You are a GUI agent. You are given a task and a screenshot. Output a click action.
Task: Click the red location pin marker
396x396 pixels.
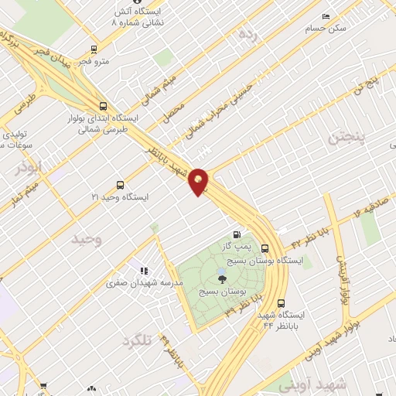tap(199, 181)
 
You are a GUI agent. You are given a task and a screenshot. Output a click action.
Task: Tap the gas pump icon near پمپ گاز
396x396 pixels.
tap(237, 235)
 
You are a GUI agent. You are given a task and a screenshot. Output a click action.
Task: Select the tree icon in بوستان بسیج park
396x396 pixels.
tap(223, 280)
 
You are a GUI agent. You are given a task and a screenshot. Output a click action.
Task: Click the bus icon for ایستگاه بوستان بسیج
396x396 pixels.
tap(265, 248)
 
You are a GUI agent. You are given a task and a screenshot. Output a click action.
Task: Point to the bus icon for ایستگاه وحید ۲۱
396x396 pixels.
tap(120, 184)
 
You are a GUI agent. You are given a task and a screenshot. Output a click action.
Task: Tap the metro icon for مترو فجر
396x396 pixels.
tap(94, 49)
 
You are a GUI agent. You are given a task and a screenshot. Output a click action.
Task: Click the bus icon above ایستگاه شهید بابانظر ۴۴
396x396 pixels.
tap(280, 303)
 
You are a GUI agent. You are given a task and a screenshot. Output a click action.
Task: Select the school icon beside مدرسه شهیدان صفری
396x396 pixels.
tap(144, 271)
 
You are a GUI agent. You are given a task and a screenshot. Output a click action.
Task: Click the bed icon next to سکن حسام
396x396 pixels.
tap(326, 16)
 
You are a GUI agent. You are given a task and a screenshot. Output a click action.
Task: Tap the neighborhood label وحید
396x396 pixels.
tap(87, 239)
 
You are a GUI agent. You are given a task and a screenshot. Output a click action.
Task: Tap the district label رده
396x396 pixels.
tap(247, 33)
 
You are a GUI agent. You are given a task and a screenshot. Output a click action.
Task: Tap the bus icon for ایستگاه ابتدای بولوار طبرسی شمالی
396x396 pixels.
tap(103, 107)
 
